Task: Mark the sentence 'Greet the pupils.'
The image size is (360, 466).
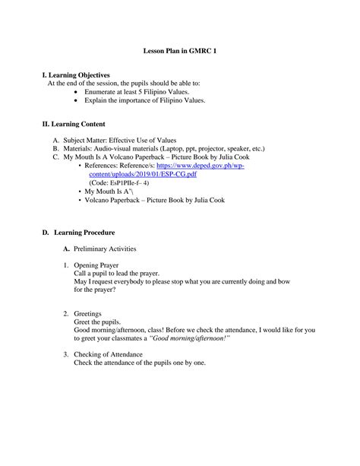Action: pyautogui.click(x=99, y=322)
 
